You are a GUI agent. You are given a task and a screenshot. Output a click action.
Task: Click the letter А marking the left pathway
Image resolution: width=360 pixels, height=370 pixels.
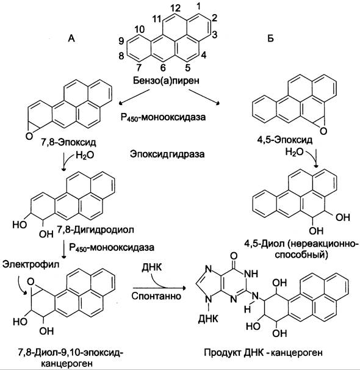point(71,38)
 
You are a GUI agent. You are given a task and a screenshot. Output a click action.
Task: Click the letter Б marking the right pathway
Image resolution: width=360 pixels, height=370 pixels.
point(271,38)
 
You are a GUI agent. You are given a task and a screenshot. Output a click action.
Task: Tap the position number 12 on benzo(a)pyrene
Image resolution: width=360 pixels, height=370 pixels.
point(175,9)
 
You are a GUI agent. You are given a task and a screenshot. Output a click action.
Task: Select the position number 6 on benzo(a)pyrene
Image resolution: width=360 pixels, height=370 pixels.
point(163,68)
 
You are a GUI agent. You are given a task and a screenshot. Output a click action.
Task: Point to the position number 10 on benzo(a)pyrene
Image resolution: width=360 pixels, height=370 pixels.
point(140,29)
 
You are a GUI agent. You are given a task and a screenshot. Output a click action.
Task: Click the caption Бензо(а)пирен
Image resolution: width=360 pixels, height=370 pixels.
point(166,81)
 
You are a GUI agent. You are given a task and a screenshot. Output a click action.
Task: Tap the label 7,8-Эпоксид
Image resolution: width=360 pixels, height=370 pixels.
point(68,142)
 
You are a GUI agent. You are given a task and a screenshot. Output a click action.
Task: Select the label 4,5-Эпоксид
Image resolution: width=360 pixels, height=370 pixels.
point(285,140)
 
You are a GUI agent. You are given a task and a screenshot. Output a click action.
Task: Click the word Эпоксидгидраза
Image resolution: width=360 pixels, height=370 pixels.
point(167,154)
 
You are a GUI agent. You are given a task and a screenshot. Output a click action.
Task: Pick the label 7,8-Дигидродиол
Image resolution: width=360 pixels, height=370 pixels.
point(95,230)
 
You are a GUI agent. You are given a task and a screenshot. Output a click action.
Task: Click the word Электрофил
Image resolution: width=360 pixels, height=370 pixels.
point(31,264)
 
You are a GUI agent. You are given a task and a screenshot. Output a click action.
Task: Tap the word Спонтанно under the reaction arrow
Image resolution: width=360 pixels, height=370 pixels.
point(156,296)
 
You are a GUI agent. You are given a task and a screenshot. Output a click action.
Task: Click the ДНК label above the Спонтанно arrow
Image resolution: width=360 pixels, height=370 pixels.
point(152,267)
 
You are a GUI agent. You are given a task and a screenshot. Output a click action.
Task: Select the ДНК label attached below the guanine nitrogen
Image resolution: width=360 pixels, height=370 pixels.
point(208,319)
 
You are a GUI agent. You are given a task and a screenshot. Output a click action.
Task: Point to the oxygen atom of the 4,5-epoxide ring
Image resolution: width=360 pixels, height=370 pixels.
point(323,131)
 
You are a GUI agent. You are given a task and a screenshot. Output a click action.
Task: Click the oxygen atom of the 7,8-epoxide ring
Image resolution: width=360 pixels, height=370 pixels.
point(29,136)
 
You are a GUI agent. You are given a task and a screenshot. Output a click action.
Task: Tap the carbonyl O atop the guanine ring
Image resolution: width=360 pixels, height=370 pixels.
point(234,256)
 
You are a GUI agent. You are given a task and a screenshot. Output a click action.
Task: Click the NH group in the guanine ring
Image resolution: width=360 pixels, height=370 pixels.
point(251,274)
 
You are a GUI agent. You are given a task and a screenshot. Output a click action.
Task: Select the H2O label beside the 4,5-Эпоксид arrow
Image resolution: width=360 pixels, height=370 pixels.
point(294,152)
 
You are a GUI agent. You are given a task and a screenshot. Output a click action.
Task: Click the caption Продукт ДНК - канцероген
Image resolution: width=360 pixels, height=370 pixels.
point(263,353)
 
